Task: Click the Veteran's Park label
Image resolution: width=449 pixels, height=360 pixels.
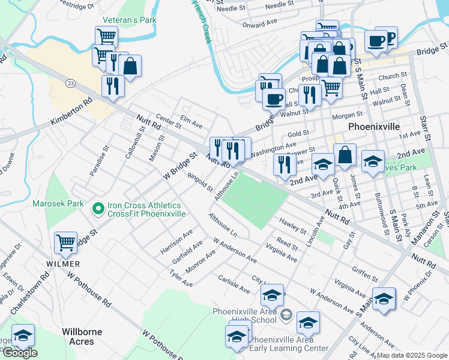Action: [x=129, y=20]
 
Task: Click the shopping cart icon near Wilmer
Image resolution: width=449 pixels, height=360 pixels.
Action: [x=65, y=243]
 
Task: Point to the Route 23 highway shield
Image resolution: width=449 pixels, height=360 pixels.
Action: [x=71, y=82]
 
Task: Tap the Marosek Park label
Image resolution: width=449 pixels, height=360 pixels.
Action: [x=59, y=203]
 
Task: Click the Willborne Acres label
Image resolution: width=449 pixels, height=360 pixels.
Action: [x=82, y=337]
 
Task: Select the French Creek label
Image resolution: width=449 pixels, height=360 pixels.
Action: [x=201, y=22]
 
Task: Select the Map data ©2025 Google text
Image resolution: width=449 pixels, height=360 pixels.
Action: [x=412, y=355]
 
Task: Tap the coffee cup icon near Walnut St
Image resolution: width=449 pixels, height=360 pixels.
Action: [x=274, y=98]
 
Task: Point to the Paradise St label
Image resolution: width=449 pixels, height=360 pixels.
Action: [x=100, y=161]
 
